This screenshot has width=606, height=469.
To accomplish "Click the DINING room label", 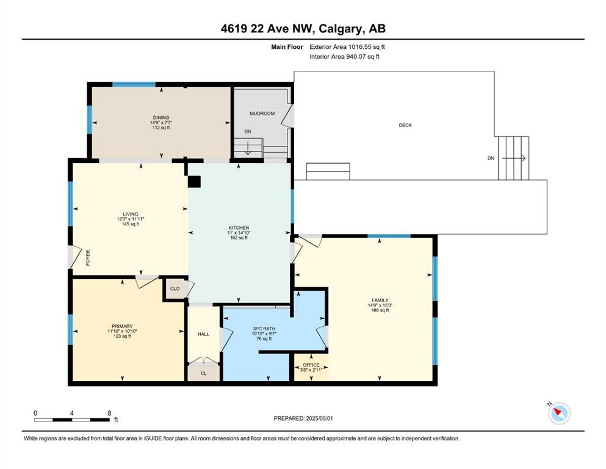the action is click(x=161, y=117).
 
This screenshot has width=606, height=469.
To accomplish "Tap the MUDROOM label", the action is click(x=262, y=114).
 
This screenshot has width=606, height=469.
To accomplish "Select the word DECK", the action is click(x=405, y=125).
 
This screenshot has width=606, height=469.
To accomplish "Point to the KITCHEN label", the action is click(x=239, y=228).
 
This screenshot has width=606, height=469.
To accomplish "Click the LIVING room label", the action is click(x=131, y=214).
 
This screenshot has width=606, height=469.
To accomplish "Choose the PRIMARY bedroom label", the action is click(x=122, y=326).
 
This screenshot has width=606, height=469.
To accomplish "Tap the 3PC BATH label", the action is click(x=264, y=329).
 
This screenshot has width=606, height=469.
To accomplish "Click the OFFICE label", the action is click(x=311, y=365).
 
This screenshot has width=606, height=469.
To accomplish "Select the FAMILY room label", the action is click(x=380, y=300).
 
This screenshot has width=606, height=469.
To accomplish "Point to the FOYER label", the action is click(x=88, y=258).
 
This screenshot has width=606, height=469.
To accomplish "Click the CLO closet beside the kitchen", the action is click(x=175, y=288).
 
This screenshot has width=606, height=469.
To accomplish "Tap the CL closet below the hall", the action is click(x=204, y=373).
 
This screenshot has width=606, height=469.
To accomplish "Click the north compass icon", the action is click(x=559, y=413).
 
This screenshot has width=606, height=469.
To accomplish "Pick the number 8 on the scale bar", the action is click(x=109, y=413).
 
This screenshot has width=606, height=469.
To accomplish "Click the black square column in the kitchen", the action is click(x=194, y=182).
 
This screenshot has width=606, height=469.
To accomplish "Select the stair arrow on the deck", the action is click(x=514, y=158).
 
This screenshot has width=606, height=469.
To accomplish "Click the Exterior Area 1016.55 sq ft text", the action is click(x=347, y=47).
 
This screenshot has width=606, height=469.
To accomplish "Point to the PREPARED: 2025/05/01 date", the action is click(x=303, y=418).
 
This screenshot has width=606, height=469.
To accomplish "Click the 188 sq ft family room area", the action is click(x=380, y=310).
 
